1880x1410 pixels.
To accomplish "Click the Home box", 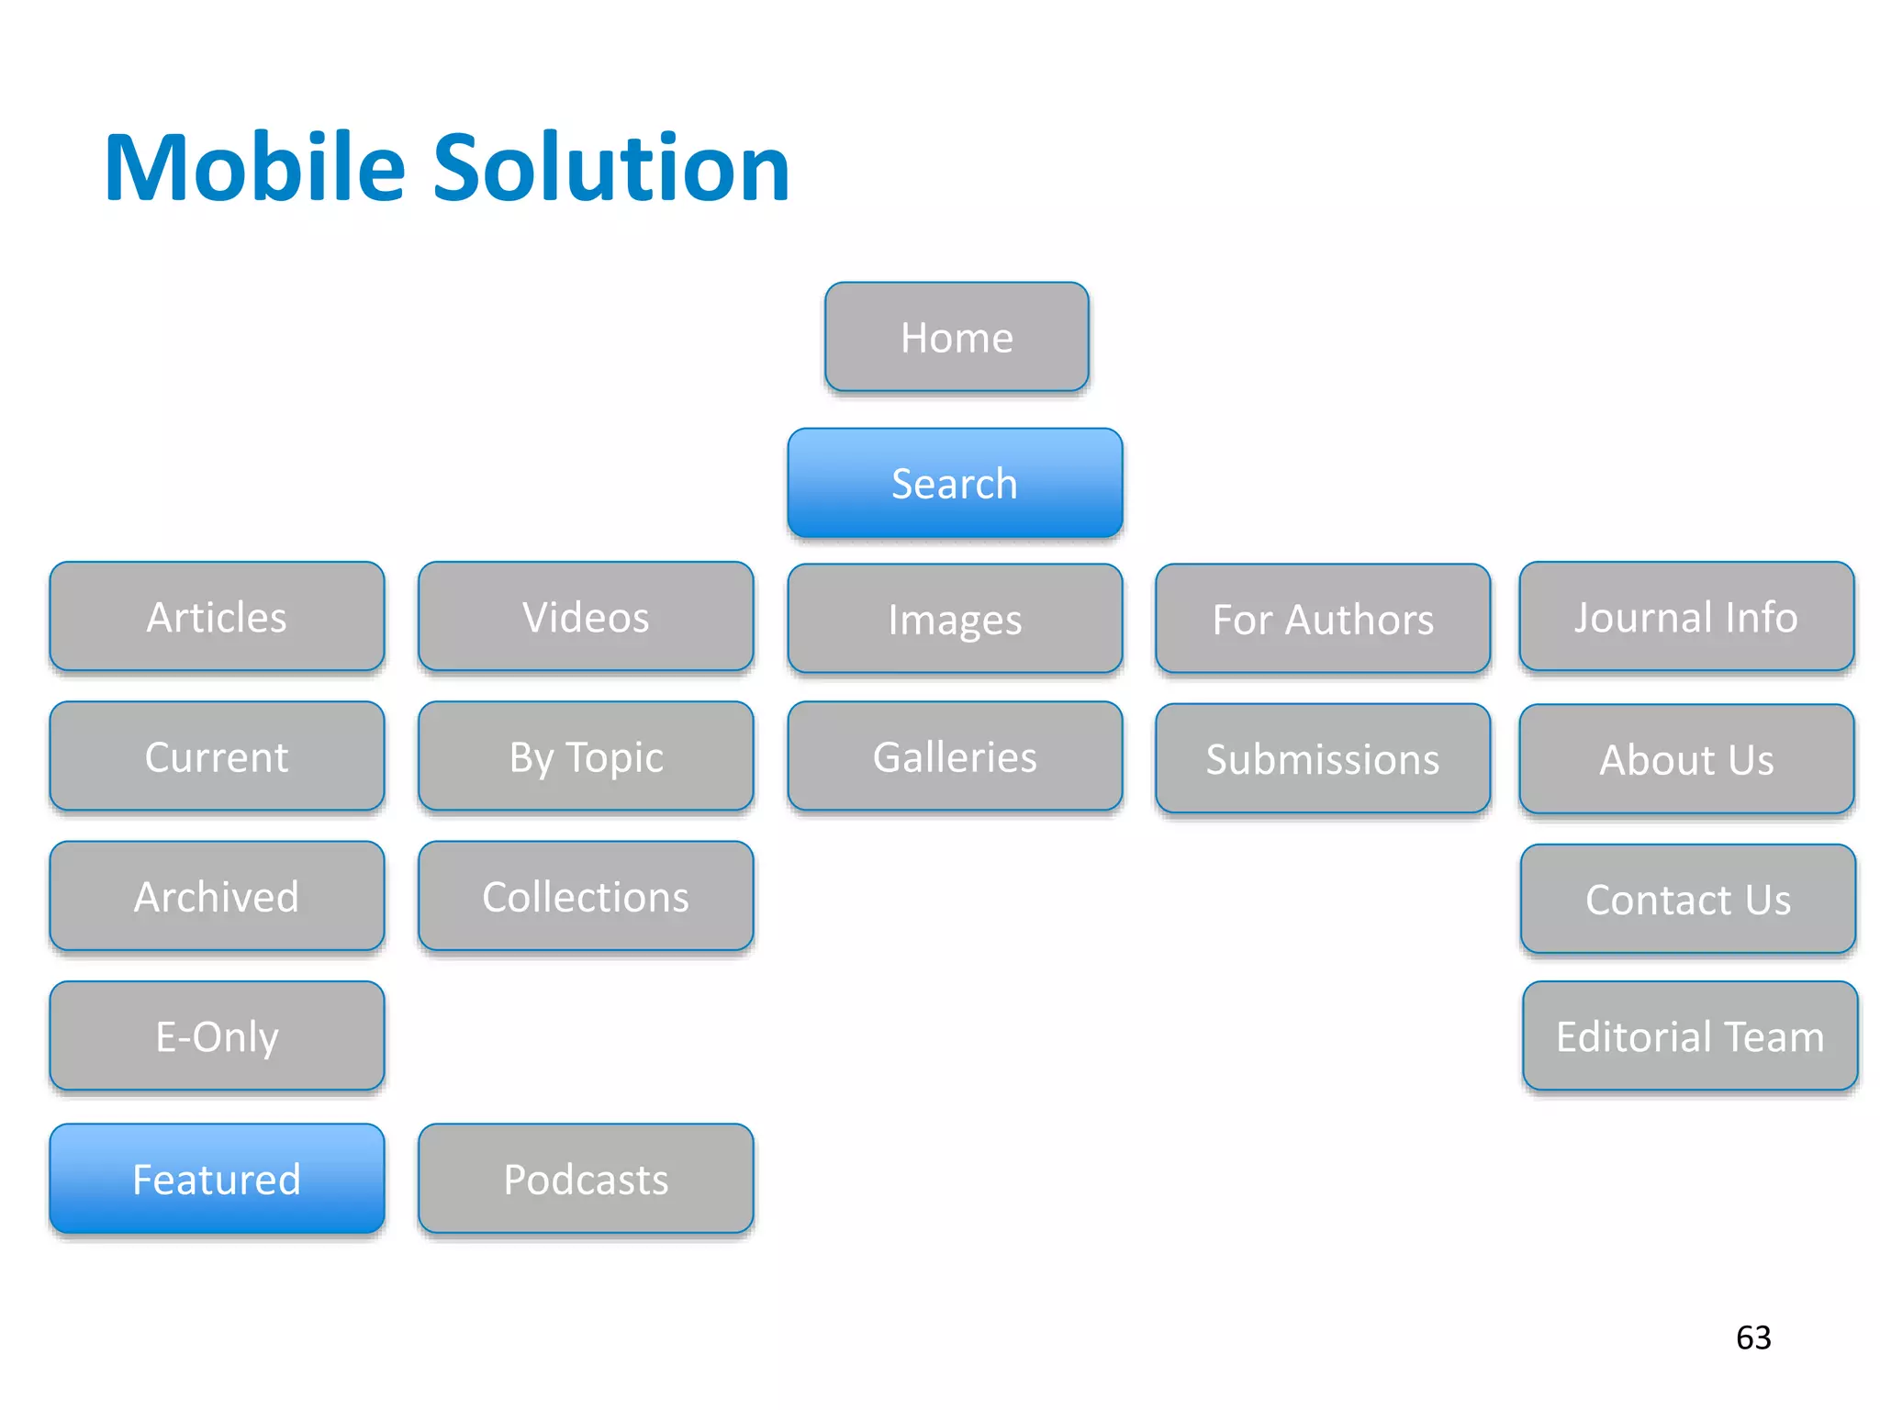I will click(x=957, y=337).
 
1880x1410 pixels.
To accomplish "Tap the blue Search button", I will click(x=955, y=483).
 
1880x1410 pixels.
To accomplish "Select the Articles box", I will click(x=217, y=617).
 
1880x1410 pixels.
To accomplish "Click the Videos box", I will click(x=586, y=617).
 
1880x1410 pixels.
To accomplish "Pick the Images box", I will click(x=955, y=619).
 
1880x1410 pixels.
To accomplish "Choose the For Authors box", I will click(x=1323, y=619).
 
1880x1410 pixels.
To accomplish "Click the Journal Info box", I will click(x=1686, y=617).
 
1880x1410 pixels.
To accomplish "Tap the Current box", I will click(x=217, y=756).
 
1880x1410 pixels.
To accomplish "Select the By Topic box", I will click(x=586, y=756).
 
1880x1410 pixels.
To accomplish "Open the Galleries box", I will click(x=955, y=756).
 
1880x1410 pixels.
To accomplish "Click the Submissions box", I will click(x=1323, y=758).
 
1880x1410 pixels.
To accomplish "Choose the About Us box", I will click(x=1686, y=759).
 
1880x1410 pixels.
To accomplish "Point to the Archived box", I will click(x=217, y=896).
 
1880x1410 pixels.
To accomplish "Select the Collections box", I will click(x=586, y=896).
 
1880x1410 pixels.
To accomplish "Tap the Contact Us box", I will click(x=1688, y=899).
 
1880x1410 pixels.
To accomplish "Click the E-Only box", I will click(x=217, y=1036).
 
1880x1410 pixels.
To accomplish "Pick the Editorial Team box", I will click(x=1690, y=1036).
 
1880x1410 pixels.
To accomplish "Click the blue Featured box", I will click(x=217, y=1179).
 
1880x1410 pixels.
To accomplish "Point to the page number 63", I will click(x=1753, y=1337).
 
